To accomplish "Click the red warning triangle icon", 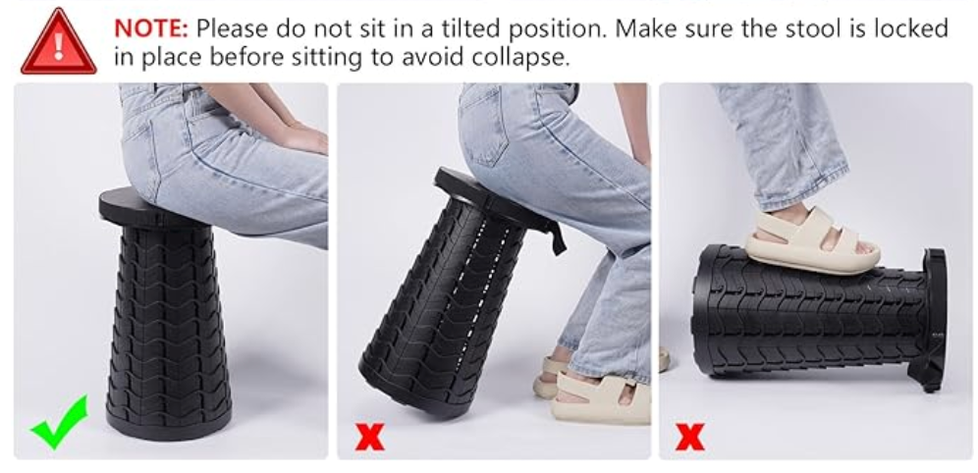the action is coord(59,43).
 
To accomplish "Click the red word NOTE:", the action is coord(151,28).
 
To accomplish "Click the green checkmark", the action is coord(59,423).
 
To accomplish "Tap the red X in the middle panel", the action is coord(370,437).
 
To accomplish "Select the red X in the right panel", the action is coord(690,437).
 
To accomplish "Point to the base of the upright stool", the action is coord(169,423).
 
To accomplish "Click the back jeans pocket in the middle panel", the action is coord(483,126).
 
